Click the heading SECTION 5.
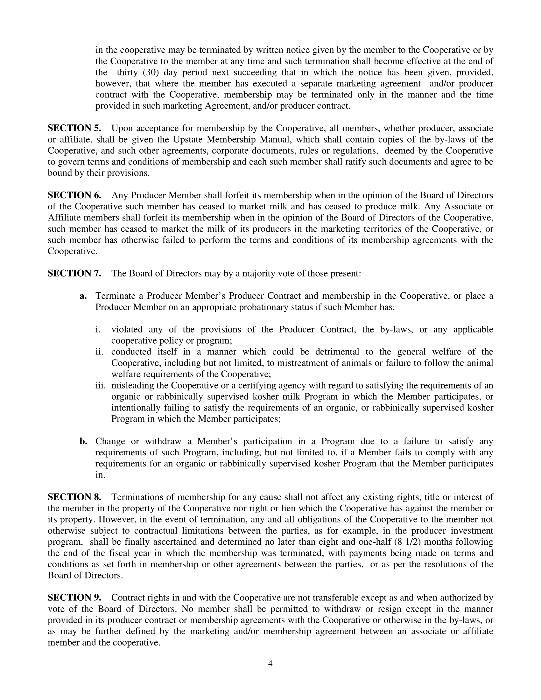74,128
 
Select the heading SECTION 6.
74,195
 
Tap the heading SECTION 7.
74,273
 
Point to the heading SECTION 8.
74,497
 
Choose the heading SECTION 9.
74,598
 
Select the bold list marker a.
83,296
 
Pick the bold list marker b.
83,441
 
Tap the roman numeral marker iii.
100,385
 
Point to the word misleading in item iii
132,385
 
